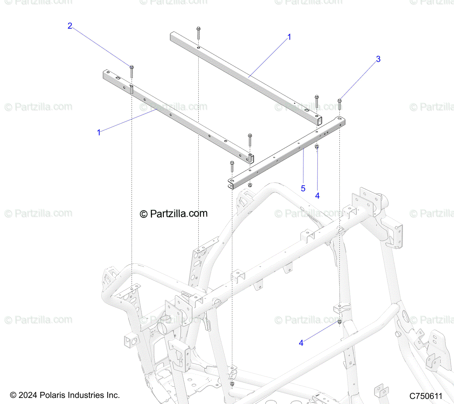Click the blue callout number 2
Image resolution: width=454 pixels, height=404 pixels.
pos(70,26)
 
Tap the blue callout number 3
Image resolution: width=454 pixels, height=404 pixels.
pos(378,59)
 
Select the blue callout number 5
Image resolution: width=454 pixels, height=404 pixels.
pos(303,188)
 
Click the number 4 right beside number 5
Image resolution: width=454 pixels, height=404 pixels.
pos(317,196)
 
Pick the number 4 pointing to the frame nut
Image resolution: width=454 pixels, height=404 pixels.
pos(301,343)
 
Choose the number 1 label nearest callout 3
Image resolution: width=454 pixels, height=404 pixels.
pos(289,37)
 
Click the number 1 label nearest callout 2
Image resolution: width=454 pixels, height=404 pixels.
pos(99,133)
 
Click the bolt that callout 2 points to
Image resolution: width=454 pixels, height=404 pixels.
pos(131,71)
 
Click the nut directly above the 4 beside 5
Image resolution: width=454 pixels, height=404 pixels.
pos(317,146)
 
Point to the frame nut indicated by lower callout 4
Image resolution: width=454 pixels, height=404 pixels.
pos(339,322)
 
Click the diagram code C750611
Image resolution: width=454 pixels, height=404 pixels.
pos(426,396)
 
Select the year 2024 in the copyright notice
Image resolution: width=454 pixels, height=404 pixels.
pos(28,395)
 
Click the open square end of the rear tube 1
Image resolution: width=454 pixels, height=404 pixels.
pos(319,121)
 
